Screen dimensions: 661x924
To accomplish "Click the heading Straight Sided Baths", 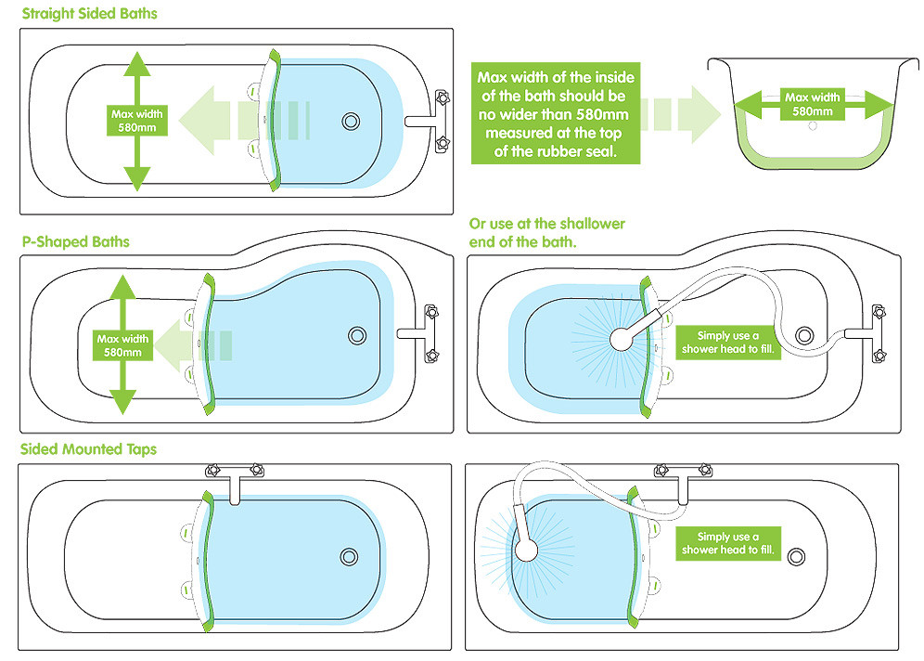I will [88, 14].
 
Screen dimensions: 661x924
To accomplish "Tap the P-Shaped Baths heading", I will [74, 241].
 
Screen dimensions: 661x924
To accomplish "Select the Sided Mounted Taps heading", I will [88, 449].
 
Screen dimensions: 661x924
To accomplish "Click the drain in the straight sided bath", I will [351, 121].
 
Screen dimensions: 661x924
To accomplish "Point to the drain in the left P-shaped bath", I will [357, 335].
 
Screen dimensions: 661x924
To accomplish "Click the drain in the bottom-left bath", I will [349, 555].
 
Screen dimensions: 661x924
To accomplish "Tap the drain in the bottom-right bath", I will [795, 555].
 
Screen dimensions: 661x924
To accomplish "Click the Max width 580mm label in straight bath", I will [137, 121].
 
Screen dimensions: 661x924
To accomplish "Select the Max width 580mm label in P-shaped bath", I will [122, 345].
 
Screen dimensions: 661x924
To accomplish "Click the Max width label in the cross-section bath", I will [812, 104].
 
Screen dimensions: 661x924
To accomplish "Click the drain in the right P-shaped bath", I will [803, 335].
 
